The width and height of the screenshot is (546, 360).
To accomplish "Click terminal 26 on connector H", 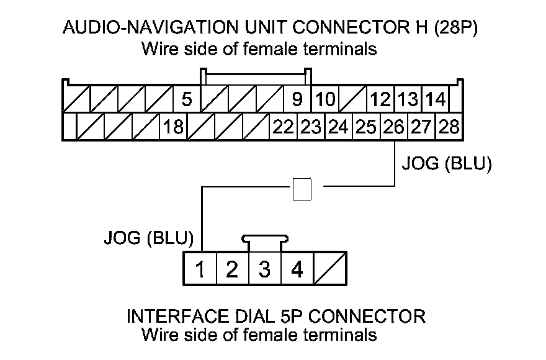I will pos(393,127).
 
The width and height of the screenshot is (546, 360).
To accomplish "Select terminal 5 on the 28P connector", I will pos(187,99).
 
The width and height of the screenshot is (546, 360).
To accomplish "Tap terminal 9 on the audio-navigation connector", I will pos(297,99).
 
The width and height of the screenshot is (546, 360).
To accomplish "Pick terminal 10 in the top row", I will pos(324,99).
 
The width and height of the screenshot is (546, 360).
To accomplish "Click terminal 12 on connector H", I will pos(380,99).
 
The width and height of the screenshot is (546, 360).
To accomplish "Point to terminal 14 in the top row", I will pos(436,99).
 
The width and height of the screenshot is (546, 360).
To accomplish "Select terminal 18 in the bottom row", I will pos(173,127).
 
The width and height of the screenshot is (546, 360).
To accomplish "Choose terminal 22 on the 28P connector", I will pos(283,127).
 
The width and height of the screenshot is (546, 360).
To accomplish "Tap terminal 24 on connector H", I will pos(338,127).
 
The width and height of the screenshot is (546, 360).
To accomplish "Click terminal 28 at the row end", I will pos(449,127).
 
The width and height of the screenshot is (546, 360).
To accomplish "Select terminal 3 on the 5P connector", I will pos(265,270).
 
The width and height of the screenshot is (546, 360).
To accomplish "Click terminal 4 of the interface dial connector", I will pos(297,270).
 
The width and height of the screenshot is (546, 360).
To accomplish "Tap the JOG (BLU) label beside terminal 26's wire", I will pos(447,164).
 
